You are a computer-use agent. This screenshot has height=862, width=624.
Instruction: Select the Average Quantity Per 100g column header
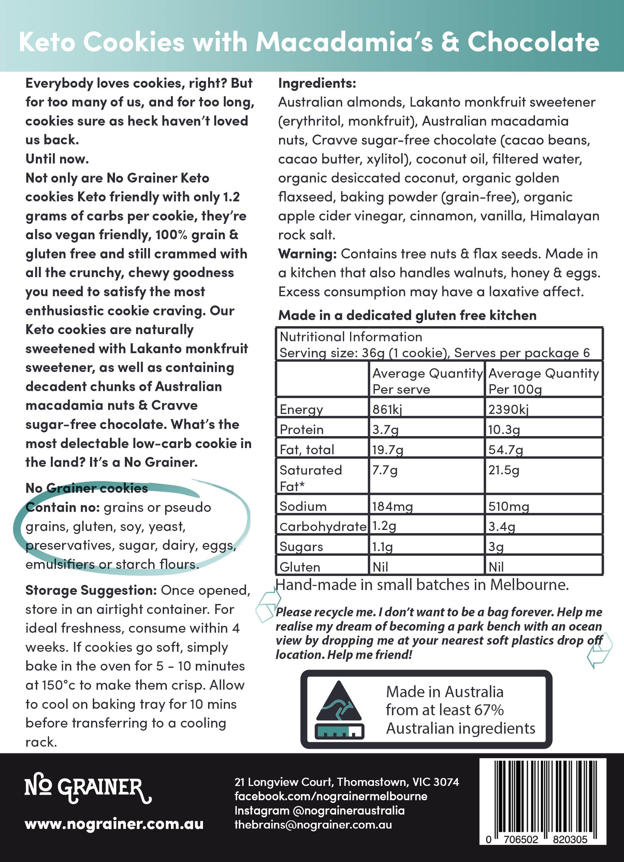[x=543, y=381]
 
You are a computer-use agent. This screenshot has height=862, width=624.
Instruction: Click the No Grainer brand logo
[x=88, y=788]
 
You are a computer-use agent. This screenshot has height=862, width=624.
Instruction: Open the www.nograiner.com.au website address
[x=114, y=824]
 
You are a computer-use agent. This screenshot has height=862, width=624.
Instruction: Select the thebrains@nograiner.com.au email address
[x=313, y=825]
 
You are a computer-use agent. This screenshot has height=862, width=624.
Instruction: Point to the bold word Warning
[x=307, y=254]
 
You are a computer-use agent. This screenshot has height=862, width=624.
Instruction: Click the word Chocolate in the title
[x=533, y=42]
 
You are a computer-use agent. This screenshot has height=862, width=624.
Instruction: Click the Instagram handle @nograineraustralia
[x=348, y=810]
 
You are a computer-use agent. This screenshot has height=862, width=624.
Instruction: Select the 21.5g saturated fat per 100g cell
[x=504, y=470]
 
